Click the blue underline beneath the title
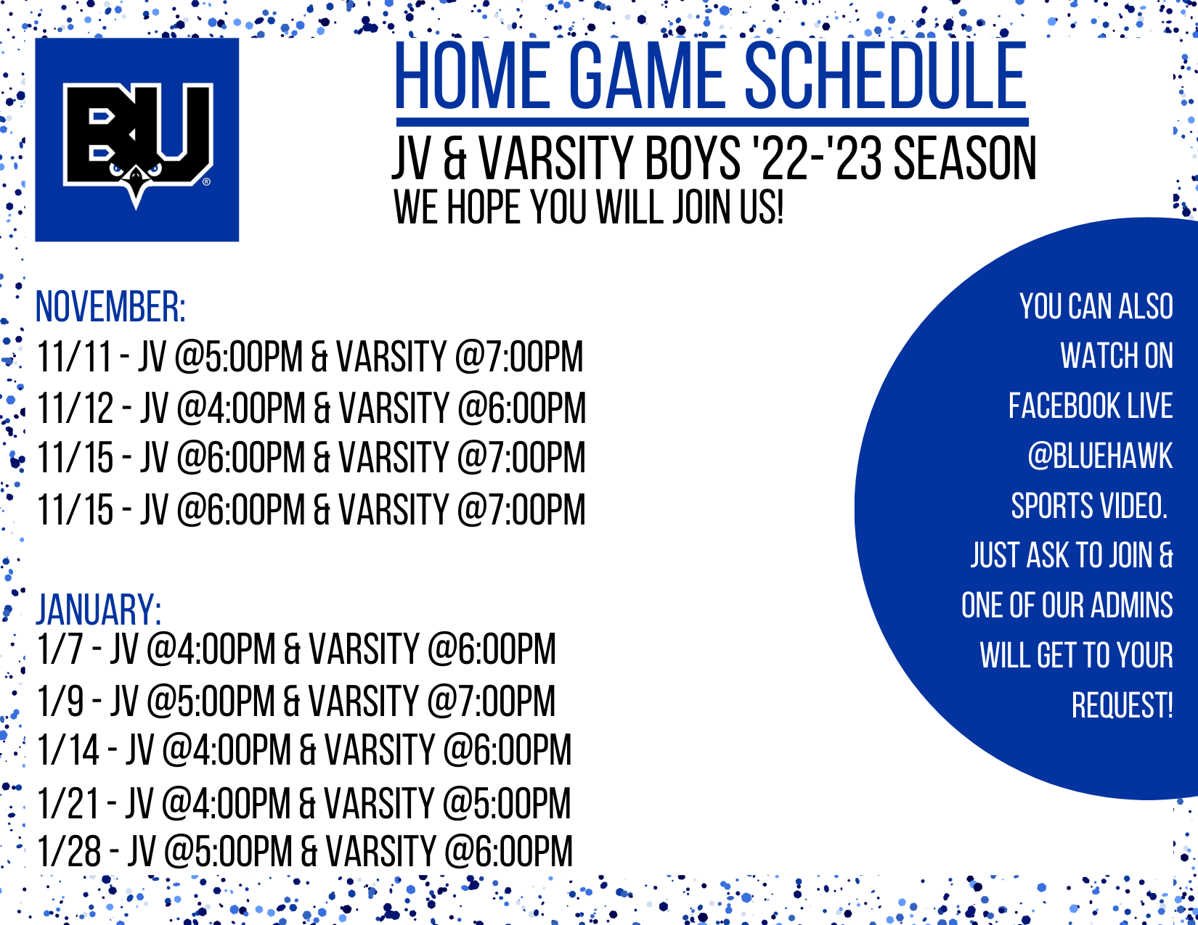(x=712, y=123)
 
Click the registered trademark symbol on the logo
(x=206, y=182)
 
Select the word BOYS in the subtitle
(x=693, y=159)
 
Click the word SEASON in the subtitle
(x=965, y=159)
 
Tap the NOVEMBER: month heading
(x=110, y=306)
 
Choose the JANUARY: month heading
(x=99, y=609)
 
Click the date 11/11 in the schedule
(x=75, y=356)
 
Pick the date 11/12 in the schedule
(x=75, y=408)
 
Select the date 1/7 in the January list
(x=60, y=649)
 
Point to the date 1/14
(x=68, y=749)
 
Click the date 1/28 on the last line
(x=69, y=851)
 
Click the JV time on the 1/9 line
(x=211, y=701)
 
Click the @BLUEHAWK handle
(x=1100, y=456)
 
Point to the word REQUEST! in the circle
(x=1122, y=705)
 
